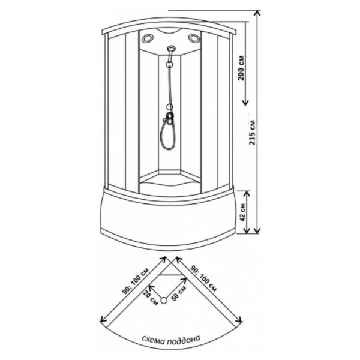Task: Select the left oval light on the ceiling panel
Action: pos(148,40)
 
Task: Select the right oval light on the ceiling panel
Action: pos(194,40)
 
